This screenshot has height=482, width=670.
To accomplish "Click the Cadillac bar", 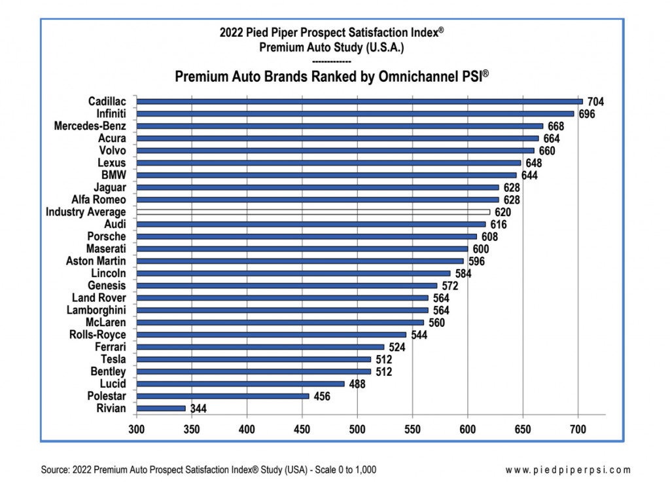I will pyautogui.click(x=360, y=102).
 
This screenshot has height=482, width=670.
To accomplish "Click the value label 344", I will pyautogui.click(x=198, y=409).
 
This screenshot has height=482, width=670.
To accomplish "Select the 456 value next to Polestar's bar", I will pyautogui.click(x=321, y=396).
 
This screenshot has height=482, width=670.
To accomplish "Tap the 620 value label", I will pyautogui.click(x=502, y=212).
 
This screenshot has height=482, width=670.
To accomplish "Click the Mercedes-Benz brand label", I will pyautogui.click(x=90, y=126).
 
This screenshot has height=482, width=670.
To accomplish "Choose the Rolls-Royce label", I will pyautogui.click(x=97, y=335).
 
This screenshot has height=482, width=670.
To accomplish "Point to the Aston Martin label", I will pyautogui.click(x=96, y=261).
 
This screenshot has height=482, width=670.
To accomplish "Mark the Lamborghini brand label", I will pyautogui.click(x=96, y=310).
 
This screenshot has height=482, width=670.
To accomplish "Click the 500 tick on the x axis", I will pyautogui.click(x=357, y=430).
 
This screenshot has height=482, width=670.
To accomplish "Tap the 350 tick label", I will pyautogui.click(x=192, y=430).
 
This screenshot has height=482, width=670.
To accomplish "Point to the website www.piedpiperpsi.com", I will pyautogui.click(x=569, y=470).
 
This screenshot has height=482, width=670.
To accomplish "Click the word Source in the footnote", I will pyautogui.click(x=56, y=470).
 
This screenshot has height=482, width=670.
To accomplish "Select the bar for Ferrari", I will pyautogui.click(x=260, y=347).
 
